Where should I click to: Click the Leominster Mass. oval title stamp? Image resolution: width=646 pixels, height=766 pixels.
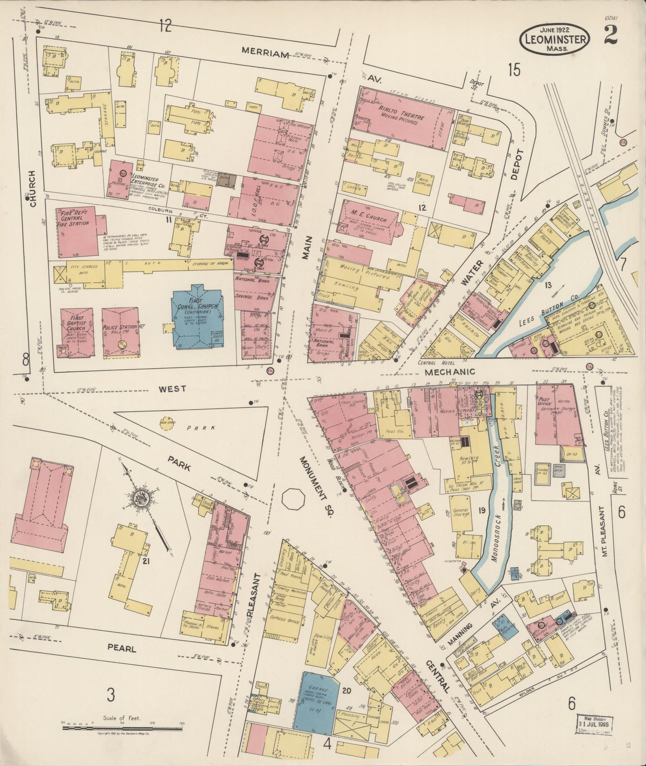pos(555,40)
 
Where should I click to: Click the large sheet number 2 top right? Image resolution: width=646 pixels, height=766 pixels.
pos(611,36)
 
